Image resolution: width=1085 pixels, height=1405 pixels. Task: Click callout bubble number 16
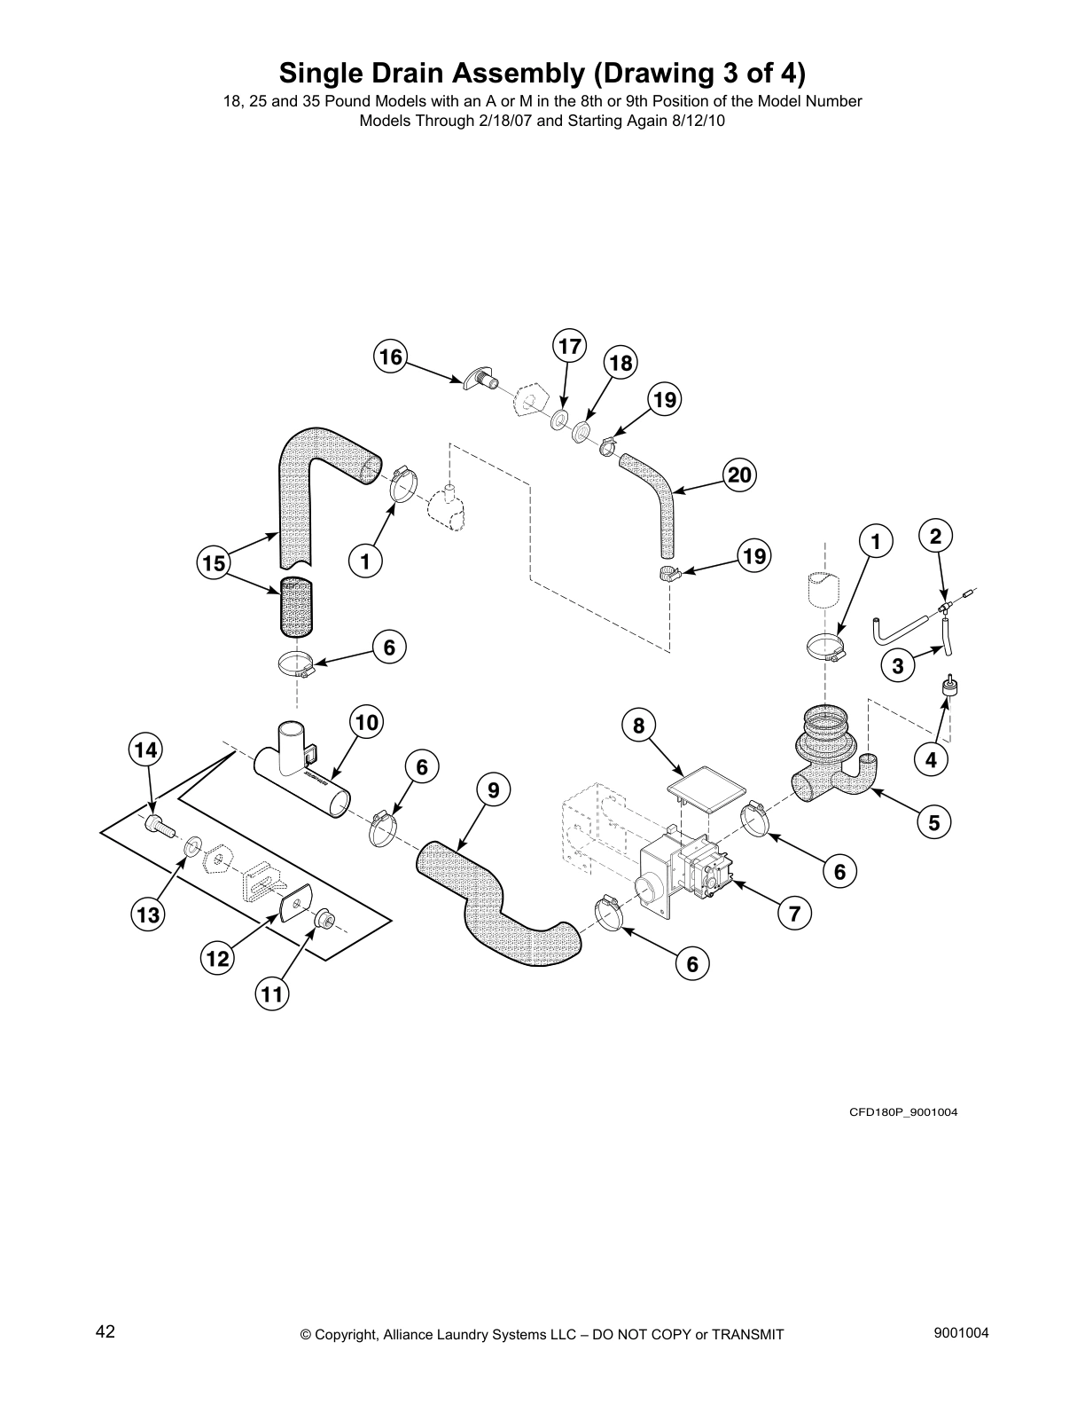(389, 357)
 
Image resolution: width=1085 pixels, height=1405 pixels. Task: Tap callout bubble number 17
(570, 346)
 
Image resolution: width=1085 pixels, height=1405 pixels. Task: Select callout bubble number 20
(739, 476)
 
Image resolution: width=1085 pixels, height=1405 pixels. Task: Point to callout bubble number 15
(214, 563)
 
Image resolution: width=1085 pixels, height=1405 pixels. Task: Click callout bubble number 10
(366, 723)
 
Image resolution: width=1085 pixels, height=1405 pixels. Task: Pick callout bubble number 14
(145, 750)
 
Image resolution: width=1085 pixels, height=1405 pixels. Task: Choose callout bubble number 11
(271, 995)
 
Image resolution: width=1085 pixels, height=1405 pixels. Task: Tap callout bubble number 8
(638, 726)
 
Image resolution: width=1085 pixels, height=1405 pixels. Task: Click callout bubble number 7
(794, 913)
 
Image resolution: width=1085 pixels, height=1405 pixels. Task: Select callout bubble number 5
(934, 823)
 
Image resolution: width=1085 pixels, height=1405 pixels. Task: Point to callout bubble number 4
(931, 759)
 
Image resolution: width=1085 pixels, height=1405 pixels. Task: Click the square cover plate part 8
(707, 789)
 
